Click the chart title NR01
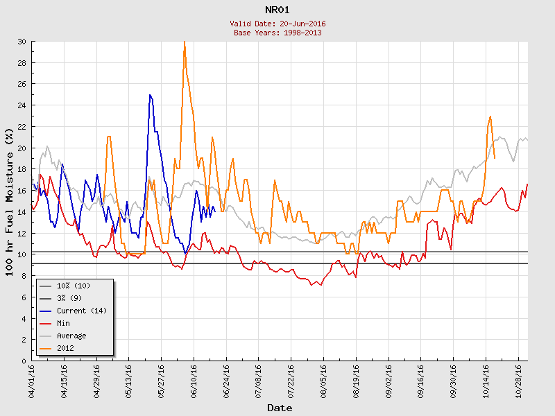click(277, 10)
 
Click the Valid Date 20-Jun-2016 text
click(277, 24)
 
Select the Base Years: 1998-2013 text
click(277, 33)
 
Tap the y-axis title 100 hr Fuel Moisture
click(10, 201)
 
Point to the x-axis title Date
click(280, 408)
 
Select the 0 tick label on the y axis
click(24, 361)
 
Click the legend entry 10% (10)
click(74, 286)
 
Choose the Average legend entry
click(71, 336)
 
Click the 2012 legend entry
click(65, 348)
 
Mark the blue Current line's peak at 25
click(150, 95)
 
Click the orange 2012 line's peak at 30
click(185, 42)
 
